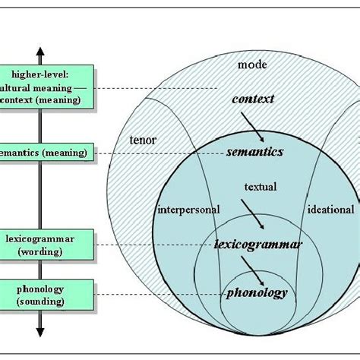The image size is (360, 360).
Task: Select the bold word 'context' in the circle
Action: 253,99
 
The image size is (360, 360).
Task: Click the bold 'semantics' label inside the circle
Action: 254,152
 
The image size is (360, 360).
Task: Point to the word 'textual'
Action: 260,186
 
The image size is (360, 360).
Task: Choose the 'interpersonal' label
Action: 188,210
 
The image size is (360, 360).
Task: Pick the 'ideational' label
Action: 330,210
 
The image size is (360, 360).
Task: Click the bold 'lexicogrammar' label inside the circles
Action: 257,245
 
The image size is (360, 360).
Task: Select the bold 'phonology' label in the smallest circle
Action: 257,292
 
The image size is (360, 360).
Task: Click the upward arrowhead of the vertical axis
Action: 40,52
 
